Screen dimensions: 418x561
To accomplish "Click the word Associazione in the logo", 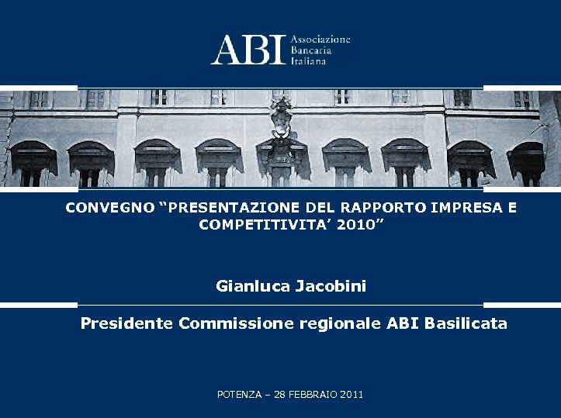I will pyautogui.click(x=320, y=39).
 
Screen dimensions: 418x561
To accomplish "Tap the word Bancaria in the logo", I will pyautogui.click(x=311, y=50).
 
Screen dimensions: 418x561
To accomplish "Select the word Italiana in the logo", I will pyautogui.click(x=309, y=60).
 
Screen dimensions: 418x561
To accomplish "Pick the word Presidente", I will pyautogui.click(x=127, y=323).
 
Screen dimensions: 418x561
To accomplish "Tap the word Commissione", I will pyautogui.click(x=236, y=323).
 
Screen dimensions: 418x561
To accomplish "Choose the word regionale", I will pyautogui.click(x=340, y=324).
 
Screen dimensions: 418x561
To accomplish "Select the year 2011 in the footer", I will pyautogui.click(x=351, y=395).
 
